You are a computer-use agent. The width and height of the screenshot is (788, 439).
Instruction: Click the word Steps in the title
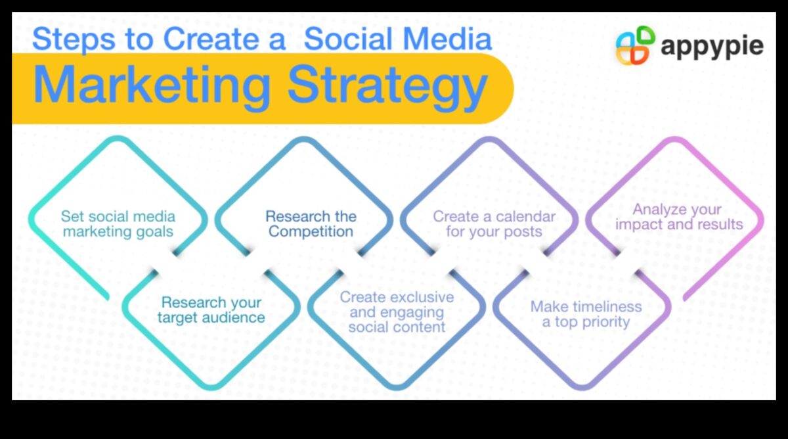pyautogui.click(x=74, y=39)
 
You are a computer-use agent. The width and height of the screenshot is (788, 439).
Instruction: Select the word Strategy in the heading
pyautogui.click(x=387, y=88)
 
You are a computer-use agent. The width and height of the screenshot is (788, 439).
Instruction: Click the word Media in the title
pyautogui.click(x=447, y=38)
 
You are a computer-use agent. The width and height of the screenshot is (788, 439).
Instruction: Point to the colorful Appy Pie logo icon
pyautogui.click(x=636, y=45)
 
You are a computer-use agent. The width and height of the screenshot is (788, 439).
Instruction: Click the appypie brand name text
pyautogui.click(x=712, y=47)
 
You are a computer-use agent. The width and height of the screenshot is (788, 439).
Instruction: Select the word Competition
pyautogui.click(x=311, y=231)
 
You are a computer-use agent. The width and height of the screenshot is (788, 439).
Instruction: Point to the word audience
pyautogui.click(x=233, y=317)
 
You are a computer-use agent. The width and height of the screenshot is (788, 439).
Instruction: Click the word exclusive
pyautogui.click(x=422, y=297)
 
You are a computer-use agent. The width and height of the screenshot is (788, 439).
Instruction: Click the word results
pyautogui.click(x=720, y=224)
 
